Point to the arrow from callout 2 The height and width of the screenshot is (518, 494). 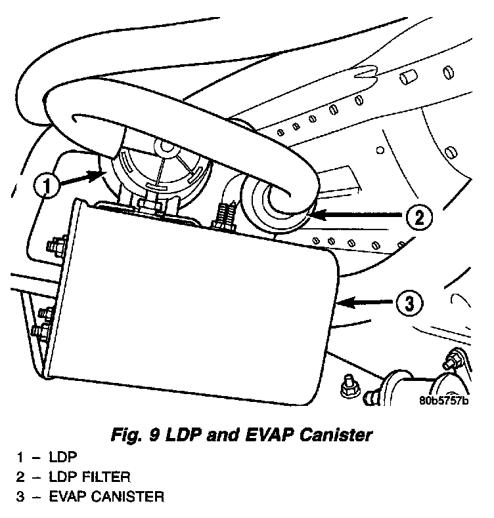tap(355, 214)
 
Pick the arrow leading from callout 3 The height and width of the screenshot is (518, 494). tap(365, 302)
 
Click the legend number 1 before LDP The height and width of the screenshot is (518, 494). tap(20, 454)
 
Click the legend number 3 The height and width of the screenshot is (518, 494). tap(20, 496)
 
